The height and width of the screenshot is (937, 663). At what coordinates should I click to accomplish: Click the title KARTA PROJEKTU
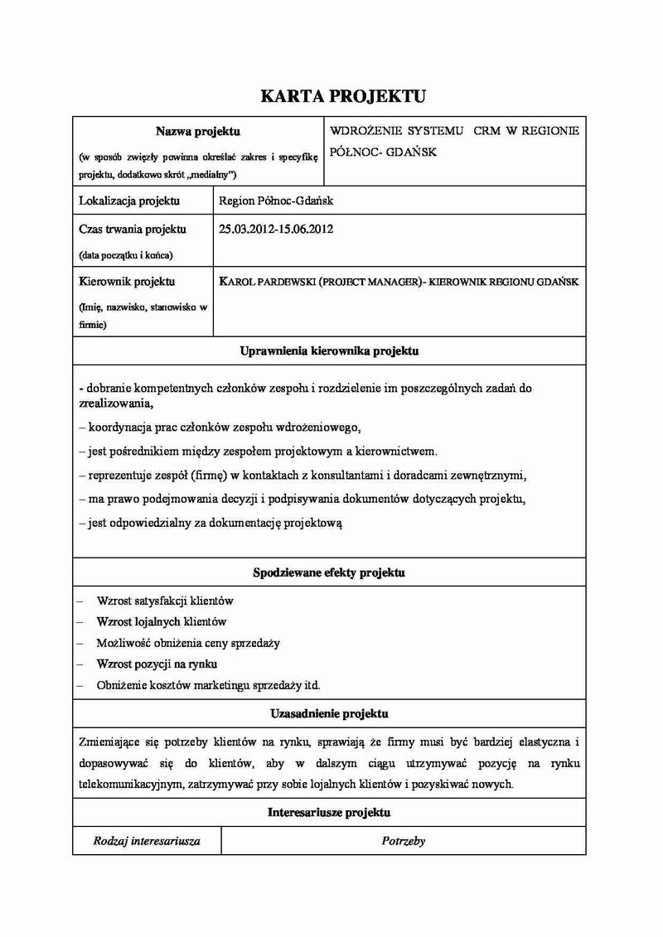coord(343,97)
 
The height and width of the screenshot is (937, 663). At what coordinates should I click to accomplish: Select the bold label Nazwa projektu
coord(198,131)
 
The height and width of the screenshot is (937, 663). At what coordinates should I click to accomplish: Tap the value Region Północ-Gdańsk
coord(275,200)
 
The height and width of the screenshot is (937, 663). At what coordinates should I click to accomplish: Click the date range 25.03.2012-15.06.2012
coord(276,229)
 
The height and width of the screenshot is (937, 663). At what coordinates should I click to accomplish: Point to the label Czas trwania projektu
coord(132,229)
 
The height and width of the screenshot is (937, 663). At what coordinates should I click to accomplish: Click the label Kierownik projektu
coord(127,282)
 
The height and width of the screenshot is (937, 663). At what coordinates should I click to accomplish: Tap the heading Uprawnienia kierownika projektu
coord(329,351)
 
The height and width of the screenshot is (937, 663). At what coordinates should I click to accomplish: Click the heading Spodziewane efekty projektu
coord(329,572)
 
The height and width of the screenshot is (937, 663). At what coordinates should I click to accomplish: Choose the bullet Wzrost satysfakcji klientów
coord(165,600)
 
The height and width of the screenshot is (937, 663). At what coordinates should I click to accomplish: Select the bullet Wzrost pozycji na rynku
coord(157,664)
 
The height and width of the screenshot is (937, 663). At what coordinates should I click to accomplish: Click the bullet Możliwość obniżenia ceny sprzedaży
coord(188,643)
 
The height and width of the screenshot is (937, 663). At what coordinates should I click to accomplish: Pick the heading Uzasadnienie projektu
coord(329,713)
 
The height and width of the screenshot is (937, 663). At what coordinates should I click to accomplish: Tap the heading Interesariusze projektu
coord(329,813)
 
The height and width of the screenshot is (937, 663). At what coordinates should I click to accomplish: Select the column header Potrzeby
coord(404,840)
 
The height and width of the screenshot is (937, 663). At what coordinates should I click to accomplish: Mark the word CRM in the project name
coord(487,131)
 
